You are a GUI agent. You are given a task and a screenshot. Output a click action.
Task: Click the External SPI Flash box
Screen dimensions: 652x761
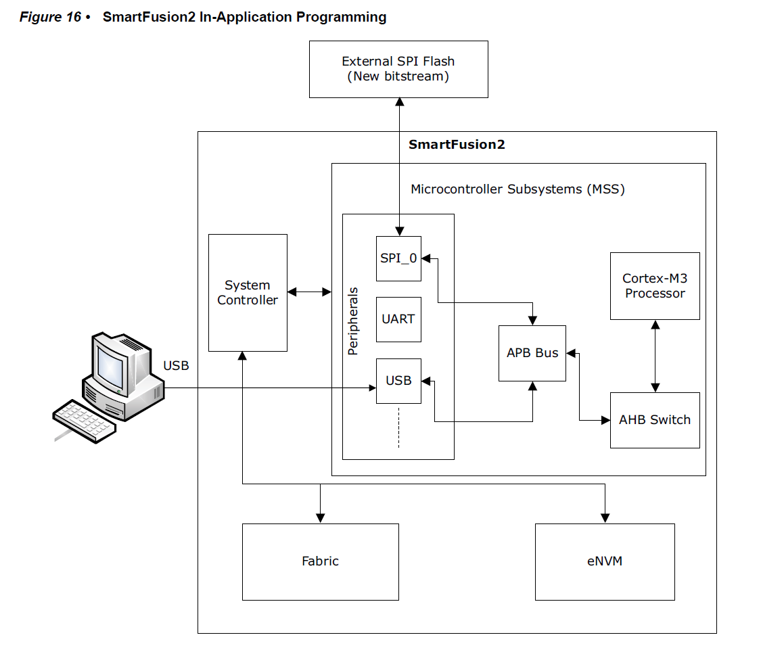click(398, 69)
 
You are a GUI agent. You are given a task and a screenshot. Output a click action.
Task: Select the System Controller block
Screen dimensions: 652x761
click(248, 292)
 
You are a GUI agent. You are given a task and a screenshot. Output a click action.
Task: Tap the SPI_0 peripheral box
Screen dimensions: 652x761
click(398, 258)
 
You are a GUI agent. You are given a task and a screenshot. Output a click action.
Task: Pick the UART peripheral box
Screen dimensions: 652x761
click(398, 319)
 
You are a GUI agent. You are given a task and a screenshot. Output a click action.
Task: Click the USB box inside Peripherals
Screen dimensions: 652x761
click(398, 381)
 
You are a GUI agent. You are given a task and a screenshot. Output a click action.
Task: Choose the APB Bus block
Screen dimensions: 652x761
click(532, 353)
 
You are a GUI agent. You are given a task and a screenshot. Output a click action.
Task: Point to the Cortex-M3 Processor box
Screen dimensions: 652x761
click(654, 286)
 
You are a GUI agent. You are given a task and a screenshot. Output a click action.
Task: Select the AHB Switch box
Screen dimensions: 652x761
click(654, 420)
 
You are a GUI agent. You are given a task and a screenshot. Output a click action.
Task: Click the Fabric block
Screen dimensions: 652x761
click(320, 561)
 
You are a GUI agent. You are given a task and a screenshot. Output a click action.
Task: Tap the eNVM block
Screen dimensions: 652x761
click(605, 561)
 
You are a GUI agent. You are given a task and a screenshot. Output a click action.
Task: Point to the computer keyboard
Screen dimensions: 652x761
click(85, 421)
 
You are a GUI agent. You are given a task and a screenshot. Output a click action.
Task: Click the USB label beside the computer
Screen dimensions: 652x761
click(176, 366)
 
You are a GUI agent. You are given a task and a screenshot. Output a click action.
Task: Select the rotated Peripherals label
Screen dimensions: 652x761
click(353, 322)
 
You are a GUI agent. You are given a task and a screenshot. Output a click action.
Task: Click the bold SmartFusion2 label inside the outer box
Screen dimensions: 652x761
click(457, 145)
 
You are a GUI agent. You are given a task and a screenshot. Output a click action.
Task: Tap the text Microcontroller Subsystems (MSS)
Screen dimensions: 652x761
click(517, 189)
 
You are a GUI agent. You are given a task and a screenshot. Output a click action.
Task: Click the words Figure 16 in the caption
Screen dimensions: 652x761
click(50, 17)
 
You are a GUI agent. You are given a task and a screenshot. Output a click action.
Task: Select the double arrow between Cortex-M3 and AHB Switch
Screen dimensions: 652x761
click(655, 356)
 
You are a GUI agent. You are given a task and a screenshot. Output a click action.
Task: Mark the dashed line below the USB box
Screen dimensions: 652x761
click(398, 427)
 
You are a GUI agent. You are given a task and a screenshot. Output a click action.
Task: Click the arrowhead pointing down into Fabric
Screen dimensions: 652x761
click(320, 518)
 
